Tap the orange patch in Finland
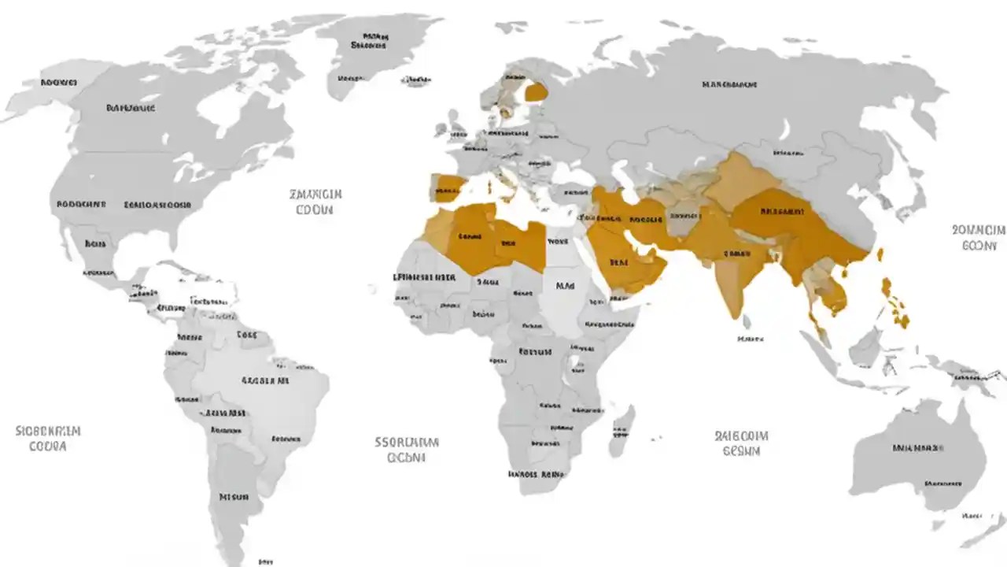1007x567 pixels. [x=537, y=92]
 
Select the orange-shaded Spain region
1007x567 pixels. [x=448, y=188]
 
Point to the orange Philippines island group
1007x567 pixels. [x=895, y=303]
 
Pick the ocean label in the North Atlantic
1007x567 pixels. [x=315, y=202]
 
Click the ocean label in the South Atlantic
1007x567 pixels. [x=406, y=450]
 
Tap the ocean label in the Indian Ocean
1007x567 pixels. [x=741, y=443]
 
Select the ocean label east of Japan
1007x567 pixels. [x=978, y=237]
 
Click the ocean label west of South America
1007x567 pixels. [x=48, y=439]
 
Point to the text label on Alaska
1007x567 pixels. [x=59, y=82]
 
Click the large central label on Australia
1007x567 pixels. [x=917, y=448]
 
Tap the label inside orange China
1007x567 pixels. [x=783, y=211]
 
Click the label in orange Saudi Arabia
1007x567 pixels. [x=618, y=262]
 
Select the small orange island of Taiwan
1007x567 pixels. [x=880, y=254]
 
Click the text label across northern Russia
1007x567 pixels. [x=729, y=83]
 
